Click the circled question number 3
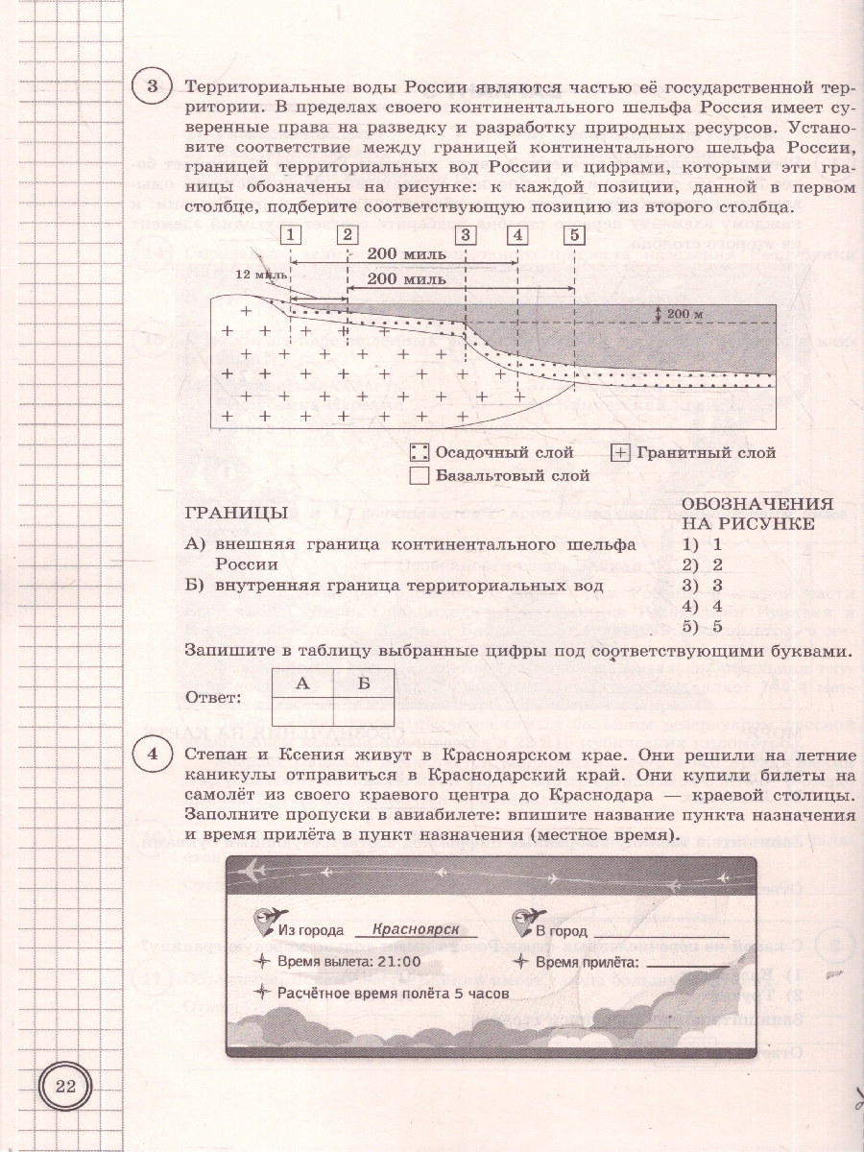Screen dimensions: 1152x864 coord(151,88)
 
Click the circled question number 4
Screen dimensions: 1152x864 coord(151,758)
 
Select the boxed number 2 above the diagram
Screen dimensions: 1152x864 coord(348,233)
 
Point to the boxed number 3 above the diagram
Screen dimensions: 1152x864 coord(465,233)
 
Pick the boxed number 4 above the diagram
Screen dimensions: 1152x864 coord(518,233)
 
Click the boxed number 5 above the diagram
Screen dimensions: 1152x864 coord(573,233)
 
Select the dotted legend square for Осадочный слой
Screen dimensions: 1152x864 coord(419,452)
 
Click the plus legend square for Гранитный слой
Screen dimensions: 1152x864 coord(620,452)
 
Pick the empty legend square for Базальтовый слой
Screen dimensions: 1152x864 coord(419,474)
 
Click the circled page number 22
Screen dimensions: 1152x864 coord(65,1087)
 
